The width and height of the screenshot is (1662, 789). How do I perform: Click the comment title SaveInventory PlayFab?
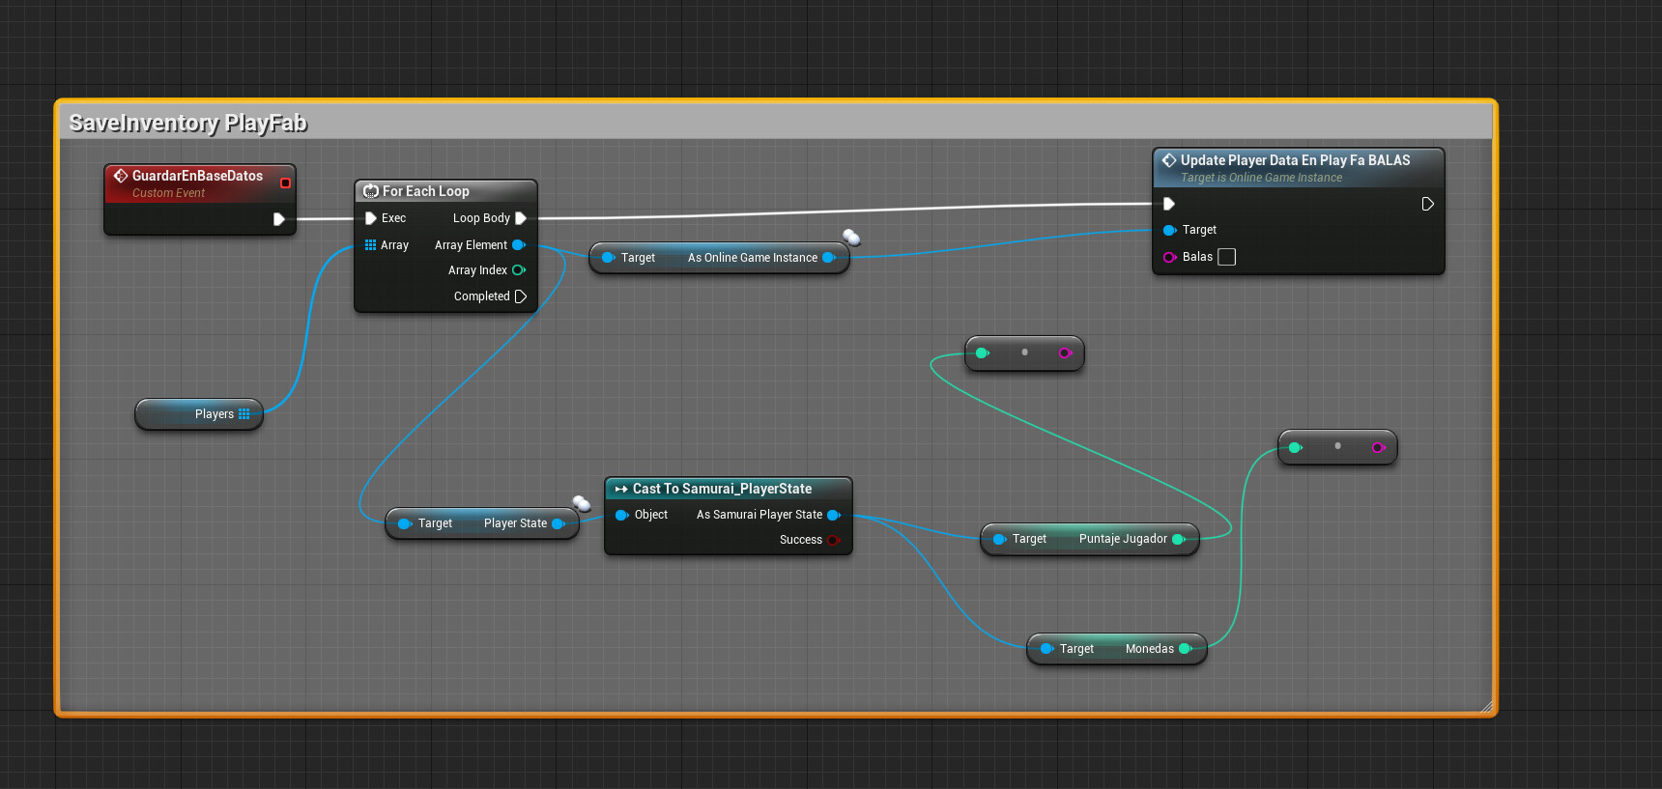pos(188,123)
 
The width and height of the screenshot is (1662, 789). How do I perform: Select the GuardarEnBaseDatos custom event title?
pos(197,176)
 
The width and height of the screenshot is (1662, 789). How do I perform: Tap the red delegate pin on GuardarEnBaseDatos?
pos(285,183)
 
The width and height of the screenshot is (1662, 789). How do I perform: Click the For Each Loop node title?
pos(425,191)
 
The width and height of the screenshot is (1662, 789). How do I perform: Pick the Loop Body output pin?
pos(521,218)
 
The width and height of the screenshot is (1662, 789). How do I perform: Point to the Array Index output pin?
pos(519,270)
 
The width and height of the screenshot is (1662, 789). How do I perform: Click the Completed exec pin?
pos(521,296)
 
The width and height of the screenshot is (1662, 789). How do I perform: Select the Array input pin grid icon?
pos(370,245)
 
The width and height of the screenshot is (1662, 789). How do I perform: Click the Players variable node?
pos(200,414)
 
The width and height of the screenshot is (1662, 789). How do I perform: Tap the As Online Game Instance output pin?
pos(829,258)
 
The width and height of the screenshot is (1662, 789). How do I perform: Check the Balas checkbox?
pos(1227,257)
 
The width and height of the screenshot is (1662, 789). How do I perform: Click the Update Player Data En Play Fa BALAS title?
pos(1295,160)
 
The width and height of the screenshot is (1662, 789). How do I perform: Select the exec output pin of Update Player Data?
pos(1427,204)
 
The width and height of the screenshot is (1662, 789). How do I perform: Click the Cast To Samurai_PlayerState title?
pos(722,489)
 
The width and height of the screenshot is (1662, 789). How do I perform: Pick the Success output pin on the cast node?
pos(833,540)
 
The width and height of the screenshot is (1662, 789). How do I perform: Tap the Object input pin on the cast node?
pos(621,515)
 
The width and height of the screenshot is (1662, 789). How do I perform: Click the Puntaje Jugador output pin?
pos(1179,539)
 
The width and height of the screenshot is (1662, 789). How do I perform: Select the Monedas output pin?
pos(1186,649)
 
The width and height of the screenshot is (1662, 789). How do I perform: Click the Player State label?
pos(515,523)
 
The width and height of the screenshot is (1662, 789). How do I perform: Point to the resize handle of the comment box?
pos(1486,706)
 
